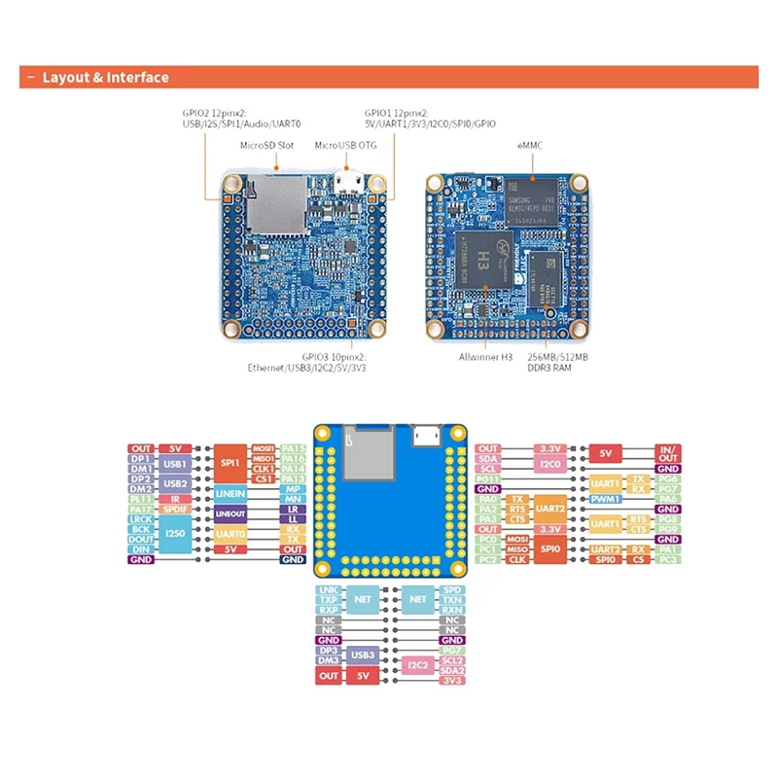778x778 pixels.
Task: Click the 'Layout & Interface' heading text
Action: (x=105, y=78)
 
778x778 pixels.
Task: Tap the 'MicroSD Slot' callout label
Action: (x=266, y=145)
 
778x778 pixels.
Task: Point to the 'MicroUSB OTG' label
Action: (x=345, y=145)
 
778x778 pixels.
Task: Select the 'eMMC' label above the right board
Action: (x=533, y=145)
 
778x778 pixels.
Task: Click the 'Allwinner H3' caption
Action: (x=485, y=358)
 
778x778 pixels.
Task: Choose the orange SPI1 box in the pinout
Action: (x=230, y=463)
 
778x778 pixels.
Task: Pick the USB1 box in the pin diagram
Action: (x=176, y=466)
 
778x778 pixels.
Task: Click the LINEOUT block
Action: (x=230, y=513)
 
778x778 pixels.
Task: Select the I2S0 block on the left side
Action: (x=176, y=535)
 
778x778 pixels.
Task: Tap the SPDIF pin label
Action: (x=176, y=509)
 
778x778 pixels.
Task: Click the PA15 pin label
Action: (x=293, y=449)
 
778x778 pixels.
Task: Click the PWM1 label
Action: (x=604, y=498)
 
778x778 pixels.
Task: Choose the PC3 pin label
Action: (x=667, y=560)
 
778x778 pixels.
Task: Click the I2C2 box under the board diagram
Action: (x=418, y=665)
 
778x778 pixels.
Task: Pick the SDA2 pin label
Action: (x=451, y=671)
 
